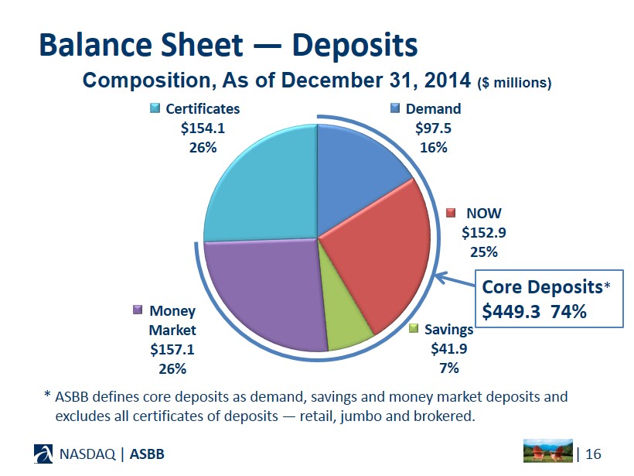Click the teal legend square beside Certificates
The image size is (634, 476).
click(155, 108)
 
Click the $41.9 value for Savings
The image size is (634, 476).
click(448, 348)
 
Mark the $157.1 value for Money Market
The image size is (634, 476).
click(168, 348)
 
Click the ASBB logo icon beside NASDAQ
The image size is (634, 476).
click(46, 454)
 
